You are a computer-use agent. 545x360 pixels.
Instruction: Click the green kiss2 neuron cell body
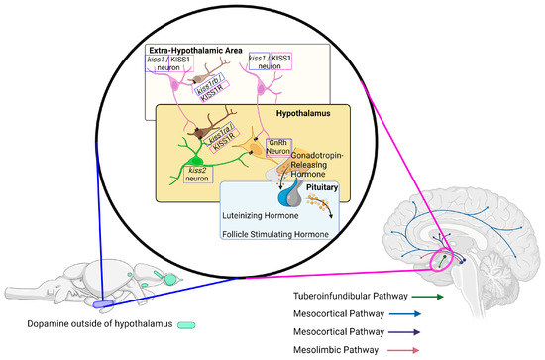(192, 160)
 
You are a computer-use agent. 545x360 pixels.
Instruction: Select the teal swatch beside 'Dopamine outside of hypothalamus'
(185, 323)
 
